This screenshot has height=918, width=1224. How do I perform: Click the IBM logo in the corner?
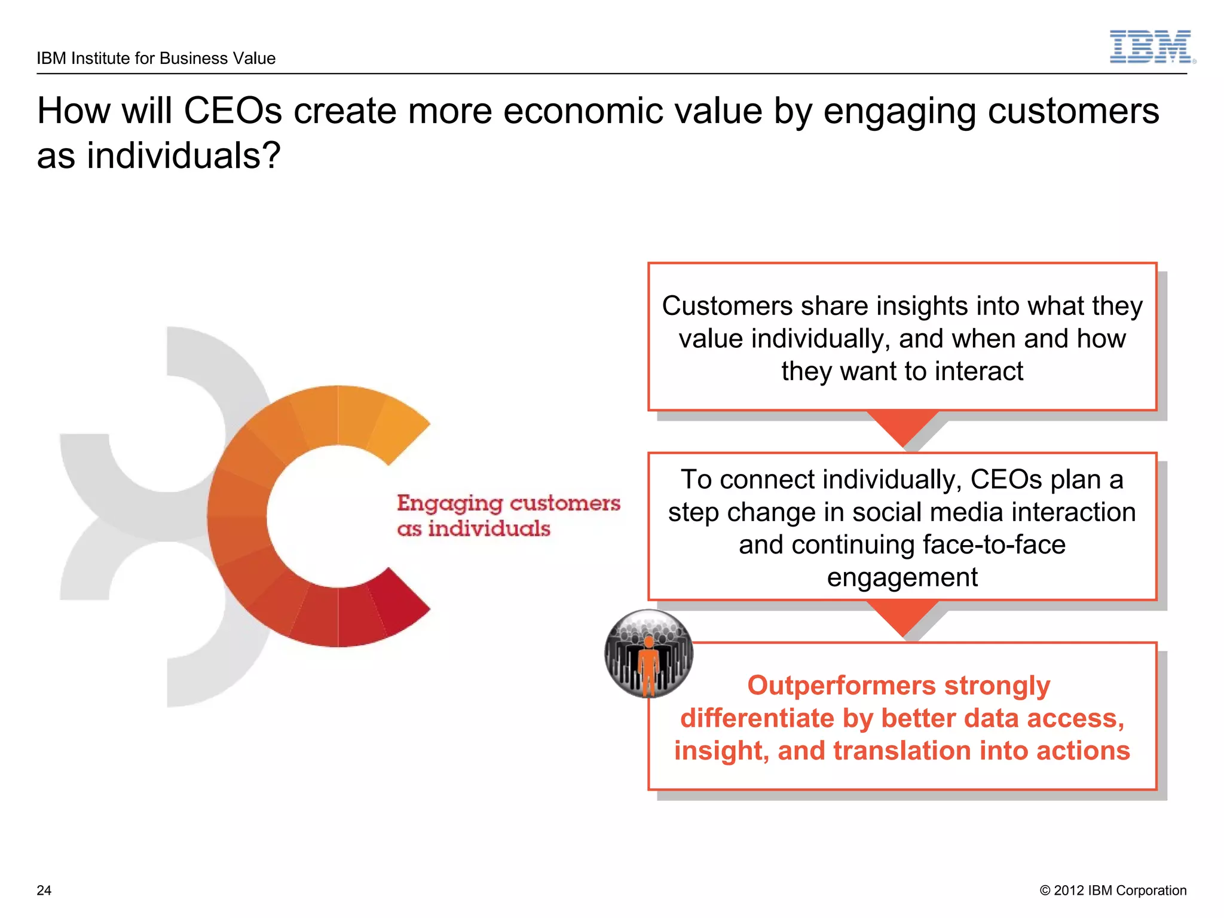1151,47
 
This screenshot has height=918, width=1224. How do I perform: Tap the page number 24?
44,891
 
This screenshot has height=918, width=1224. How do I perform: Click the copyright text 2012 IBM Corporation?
1113,891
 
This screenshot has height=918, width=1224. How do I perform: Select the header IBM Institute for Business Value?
156,59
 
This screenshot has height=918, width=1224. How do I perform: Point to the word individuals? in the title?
183,157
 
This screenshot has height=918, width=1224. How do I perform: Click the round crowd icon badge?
649,654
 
